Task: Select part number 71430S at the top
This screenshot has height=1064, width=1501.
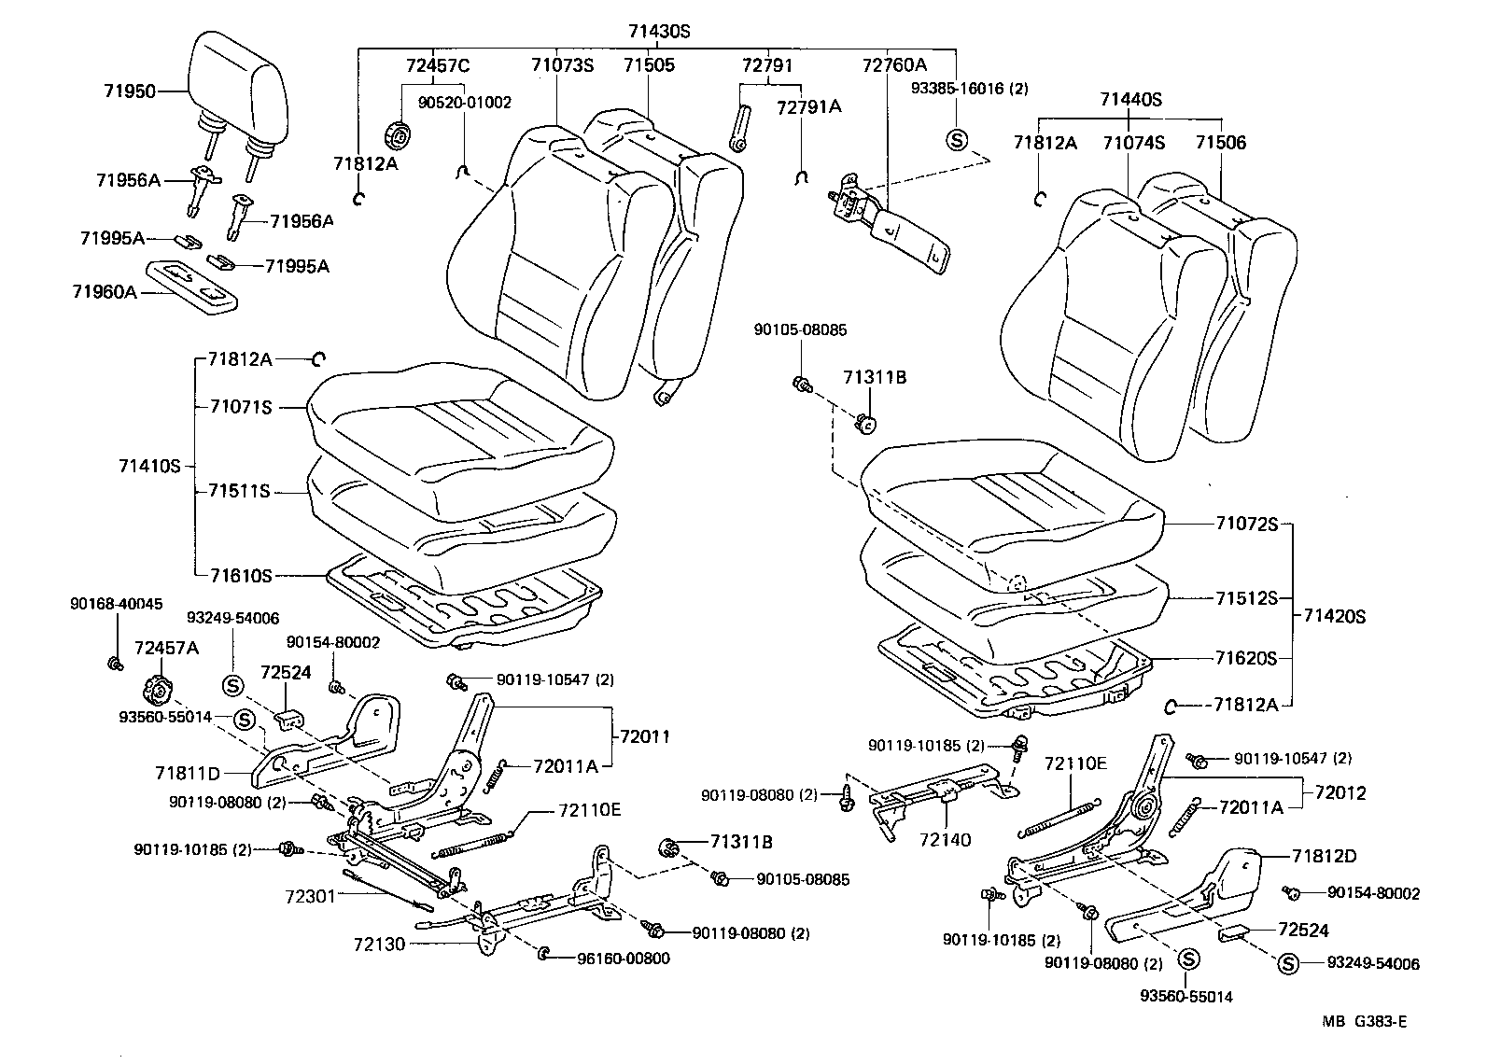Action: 658,31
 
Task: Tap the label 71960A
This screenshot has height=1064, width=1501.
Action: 104,292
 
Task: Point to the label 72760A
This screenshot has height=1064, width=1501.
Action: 893,65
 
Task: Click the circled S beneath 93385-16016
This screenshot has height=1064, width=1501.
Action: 956,140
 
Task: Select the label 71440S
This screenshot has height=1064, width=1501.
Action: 1130,99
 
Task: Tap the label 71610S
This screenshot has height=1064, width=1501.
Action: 240,577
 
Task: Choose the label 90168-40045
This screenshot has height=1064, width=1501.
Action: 116,604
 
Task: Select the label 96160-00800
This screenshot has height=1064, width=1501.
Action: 623,958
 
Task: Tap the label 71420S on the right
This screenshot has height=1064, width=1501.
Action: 1334,616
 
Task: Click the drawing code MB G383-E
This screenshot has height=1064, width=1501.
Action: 1364,1021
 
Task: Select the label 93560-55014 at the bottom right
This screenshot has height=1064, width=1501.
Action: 1185,996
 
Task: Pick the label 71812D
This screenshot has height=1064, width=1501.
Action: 1325,856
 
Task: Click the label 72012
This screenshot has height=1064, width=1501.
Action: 1340,793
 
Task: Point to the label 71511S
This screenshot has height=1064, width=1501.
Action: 240,491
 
